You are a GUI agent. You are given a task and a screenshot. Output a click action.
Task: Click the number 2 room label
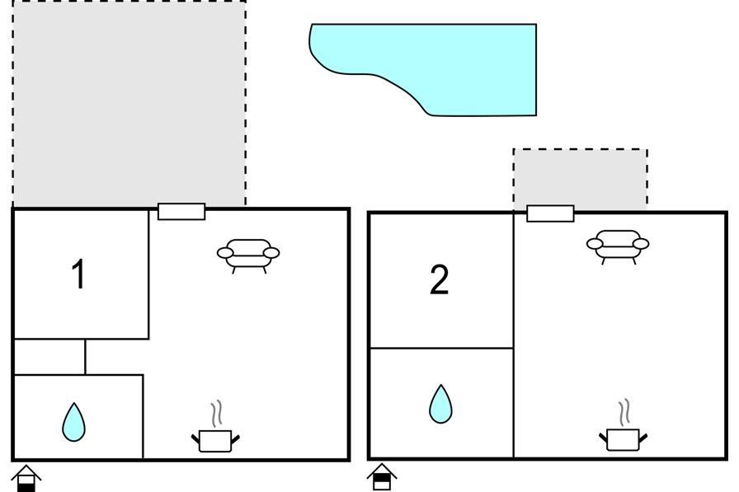tap(440, 279)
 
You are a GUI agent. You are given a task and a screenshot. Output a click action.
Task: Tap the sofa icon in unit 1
tap(248, 255)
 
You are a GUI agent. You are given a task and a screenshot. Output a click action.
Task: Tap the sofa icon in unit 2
tap(618, 246)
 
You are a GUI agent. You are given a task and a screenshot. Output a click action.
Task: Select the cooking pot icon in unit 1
tap(215, 441)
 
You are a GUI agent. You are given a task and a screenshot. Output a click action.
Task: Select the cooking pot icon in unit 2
tap(623, 439)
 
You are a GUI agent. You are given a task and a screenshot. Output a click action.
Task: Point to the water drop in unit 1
tap(73, 422)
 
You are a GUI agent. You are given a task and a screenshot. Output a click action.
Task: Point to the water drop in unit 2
tap(440, 404)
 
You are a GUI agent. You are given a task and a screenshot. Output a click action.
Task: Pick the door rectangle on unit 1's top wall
tap(181, 212)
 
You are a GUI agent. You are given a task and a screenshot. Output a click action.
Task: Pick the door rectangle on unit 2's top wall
tap(550, 213)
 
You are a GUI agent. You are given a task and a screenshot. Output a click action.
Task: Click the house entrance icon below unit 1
tap(26, 478)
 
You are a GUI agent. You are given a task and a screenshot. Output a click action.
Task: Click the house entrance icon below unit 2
tap(382, 477)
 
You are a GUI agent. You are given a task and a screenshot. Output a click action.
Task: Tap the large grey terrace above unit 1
tap(129, 104)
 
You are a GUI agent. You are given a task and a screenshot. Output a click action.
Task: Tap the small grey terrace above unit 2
tap(580, 180)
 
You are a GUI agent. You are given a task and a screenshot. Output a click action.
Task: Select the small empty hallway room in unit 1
tap(50, 357)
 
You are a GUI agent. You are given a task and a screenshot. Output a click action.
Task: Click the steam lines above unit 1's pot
tap(216, 414)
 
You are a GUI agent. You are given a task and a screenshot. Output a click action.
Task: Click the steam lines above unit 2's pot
tap(624, 412)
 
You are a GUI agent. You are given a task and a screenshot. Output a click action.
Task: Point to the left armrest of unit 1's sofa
tap(225, 253)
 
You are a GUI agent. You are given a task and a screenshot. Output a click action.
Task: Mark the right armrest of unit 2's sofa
tap(641, 244)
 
